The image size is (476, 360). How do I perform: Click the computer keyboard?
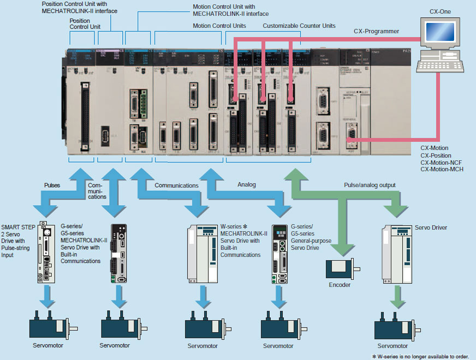[439, 65]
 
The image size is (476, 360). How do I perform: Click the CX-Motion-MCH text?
[442, 169]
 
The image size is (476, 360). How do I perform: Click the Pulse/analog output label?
[370, 185]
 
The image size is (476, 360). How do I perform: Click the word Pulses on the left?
[52, 185]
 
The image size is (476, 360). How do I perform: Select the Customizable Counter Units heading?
[299, 26]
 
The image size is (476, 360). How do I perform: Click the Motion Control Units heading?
[219, 26]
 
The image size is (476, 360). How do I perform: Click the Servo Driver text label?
[431, 227]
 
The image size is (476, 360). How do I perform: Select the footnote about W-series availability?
[420, 356]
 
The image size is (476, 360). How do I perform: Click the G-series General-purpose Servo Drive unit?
[279, 254]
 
